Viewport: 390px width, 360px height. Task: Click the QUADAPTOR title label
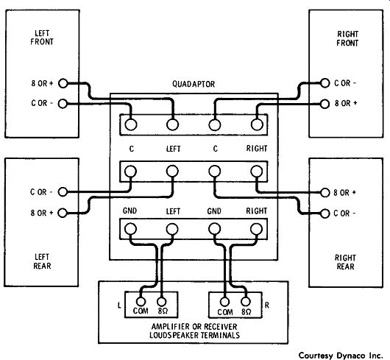[x=194, y=84]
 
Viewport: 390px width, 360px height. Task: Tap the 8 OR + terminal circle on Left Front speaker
[x=63, y=83]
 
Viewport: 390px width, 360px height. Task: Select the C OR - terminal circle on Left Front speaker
[x=63, y=104]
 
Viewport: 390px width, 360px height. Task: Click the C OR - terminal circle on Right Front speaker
[x=325, y=83]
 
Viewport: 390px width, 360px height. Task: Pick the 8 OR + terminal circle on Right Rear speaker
[x=325, y=193]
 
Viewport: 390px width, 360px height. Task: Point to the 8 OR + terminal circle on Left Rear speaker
[x=63, y=213]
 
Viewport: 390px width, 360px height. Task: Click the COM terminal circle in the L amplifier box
[x=141, y=302]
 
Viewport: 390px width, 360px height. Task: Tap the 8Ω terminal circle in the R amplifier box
[x=246, y=302]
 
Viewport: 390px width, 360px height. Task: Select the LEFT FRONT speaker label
[x=42, y=38]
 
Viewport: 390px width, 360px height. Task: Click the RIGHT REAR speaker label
[x=345, y=262]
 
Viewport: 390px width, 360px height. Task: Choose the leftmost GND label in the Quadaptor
[x=130, y=211]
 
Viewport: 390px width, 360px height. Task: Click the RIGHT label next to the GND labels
[x=256, y=211]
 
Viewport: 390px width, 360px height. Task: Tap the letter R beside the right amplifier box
[x=267, y=305]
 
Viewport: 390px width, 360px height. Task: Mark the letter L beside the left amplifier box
[x=119, y=305]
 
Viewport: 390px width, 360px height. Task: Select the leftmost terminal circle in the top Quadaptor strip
[x=131, y=124]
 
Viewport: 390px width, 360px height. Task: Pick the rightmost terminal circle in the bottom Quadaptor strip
[x=256, y=229]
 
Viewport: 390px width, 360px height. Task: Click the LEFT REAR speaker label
[x=42, y=261]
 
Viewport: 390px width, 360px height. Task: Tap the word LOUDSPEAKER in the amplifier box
[x=174, y=335]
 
